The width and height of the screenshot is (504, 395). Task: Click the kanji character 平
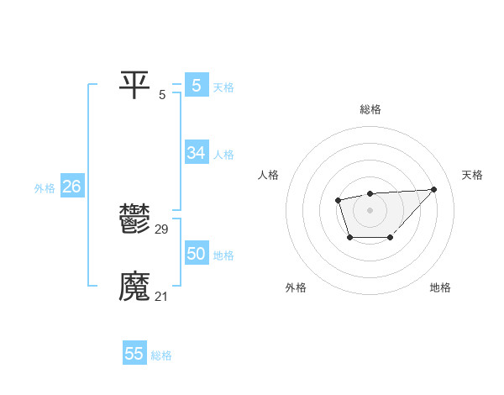pos(134,85)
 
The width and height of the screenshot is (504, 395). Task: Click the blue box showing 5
pos(196,85)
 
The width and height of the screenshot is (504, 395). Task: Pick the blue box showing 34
pos(196,153)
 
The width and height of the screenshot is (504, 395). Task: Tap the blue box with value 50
pos(196,254)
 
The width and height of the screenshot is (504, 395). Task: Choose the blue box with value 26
pos(71,187)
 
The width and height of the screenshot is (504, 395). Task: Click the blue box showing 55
pos(134,354)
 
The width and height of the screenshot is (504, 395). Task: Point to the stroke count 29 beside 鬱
pos(162,229)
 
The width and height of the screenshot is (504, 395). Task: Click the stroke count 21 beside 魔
pos(162,296)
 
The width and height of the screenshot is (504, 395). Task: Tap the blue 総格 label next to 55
pos(161,355)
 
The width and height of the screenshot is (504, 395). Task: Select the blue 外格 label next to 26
pos(45,188)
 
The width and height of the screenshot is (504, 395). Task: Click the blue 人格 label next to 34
pos(223,155)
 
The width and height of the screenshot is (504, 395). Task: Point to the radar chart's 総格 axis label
pos(370,109)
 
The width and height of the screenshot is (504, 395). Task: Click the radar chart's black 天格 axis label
pos(472,175)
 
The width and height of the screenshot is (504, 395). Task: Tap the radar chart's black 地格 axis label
pos(440,287)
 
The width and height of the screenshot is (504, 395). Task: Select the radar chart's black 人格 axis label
pos(269,175)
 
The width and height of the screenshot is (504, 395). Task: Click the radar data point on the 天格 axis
pos(433,189)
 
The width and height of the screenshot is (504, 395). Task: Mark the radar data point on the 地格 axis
pos(391,239)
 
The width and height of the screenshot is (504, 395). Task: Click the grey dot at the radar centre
pos(370,209)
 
